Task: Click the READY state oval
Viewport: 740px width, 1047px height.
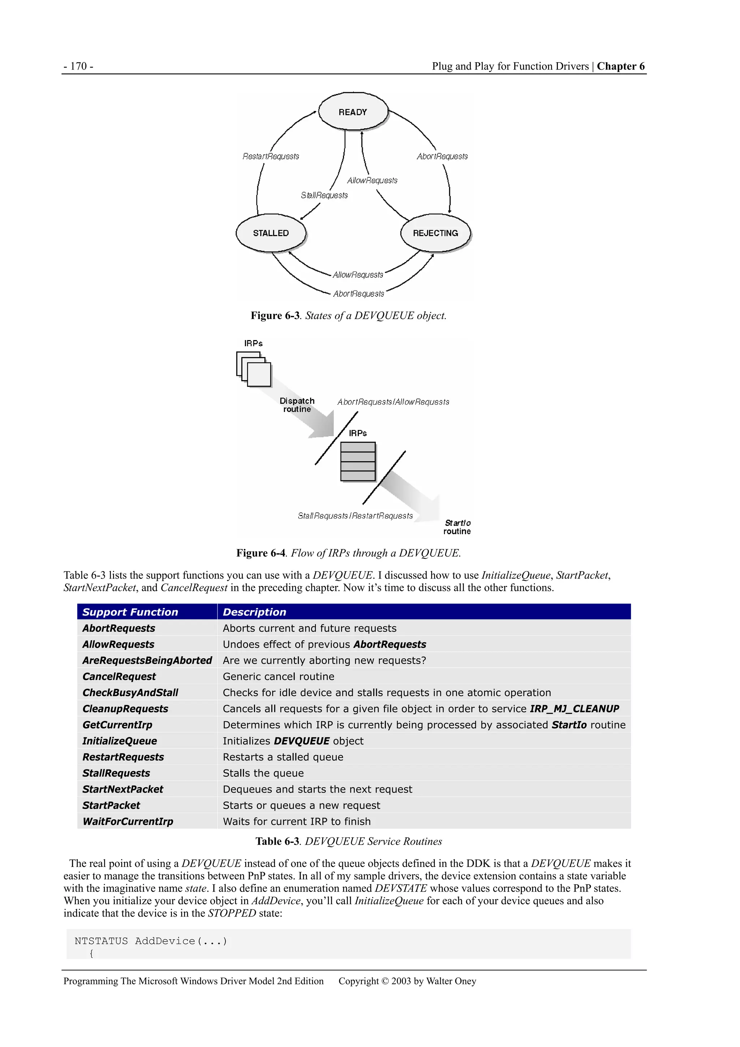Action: click(353, 112)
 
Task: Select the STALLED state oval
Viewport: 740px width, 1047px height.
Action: click(271, 233)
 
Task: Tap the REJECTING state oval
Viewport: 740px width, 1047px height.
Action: click(435, 233)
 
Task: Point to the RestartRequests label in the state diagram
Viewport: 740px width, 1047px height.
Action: click(271, 156)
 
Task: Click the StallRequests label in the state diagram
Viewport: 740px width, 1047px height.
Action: click(324, 195)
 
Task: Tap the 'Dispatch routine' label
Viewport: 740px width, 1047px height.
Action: click(297, 405)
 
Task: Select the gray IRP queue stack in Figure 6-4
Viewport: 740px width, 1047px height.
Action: click(358, 462)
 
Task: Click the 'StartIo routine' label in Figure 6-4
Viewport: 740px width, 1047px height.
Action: click(457, 527)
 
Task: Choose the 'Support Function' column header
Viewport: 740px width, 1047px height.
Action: click(130, 612)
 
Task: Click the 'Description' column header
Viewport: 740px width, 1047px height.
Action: click(254, 612)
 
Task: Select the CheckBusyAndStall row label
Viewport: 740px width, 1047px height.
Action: click(130, 693)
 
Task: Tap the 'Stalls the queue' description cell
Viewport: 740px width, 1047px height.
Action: click(263, 773)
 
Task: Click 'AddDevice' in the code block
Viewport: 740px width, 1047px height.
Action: click(165, 941)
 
